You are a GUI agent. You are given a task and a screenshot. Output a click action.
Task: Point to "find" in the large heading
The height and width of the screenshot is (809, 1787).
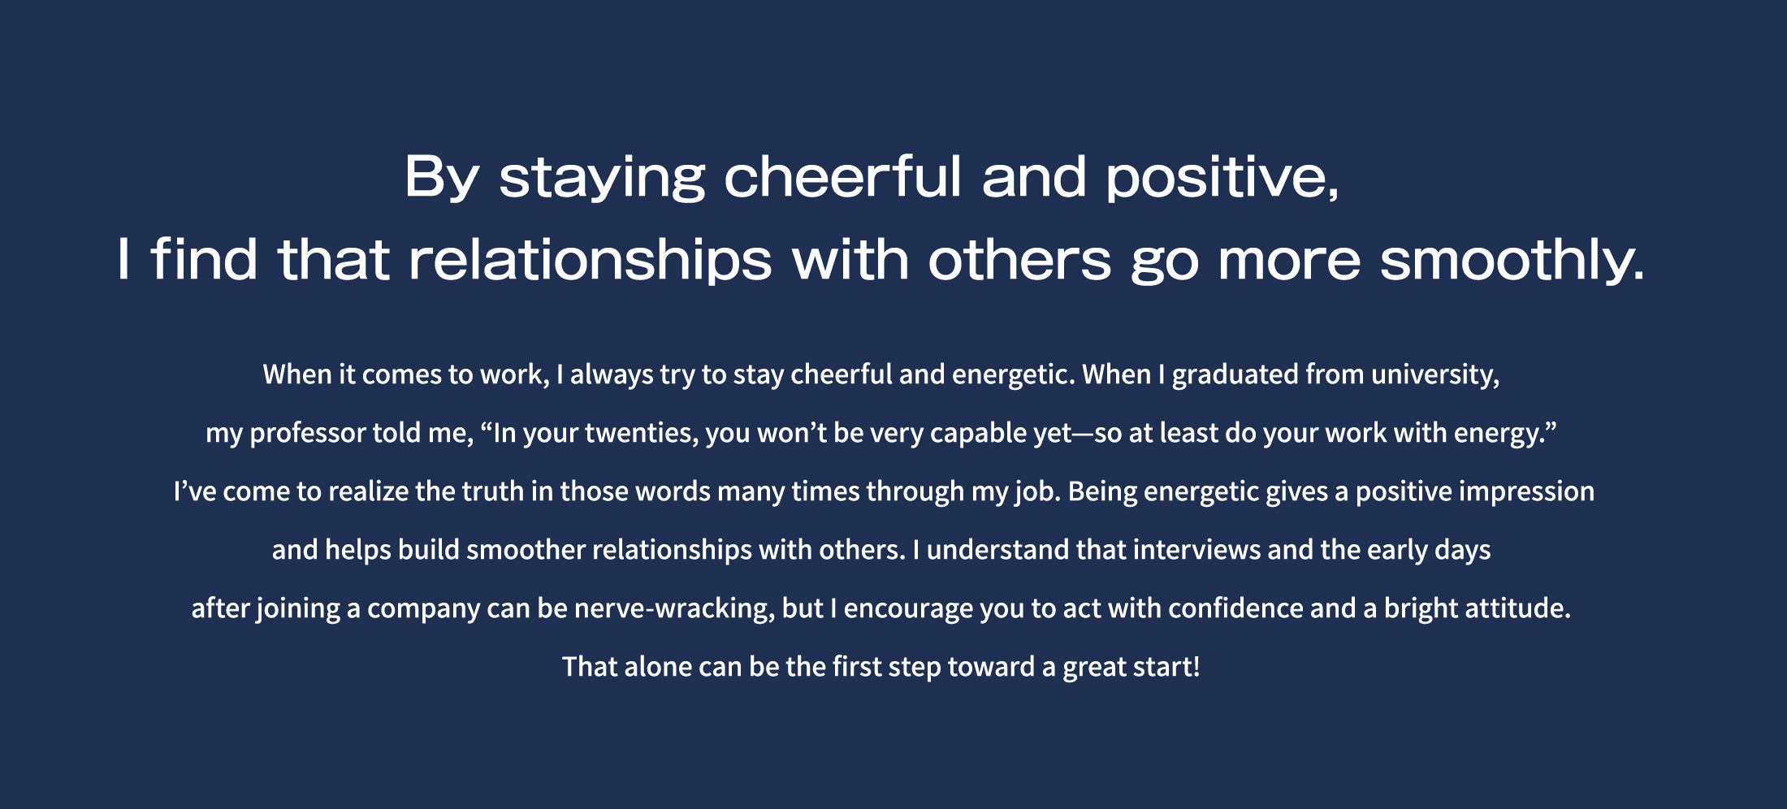[x=205, y=259]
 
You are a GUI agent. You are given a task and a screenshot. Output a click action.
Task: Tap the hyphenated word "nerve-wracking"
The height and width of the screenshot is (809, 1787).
[x=673, y=609]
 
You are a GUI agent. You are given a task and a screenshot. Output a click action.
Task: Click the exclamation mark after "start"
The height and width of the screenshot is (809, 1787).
[x=1196, y=667]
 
